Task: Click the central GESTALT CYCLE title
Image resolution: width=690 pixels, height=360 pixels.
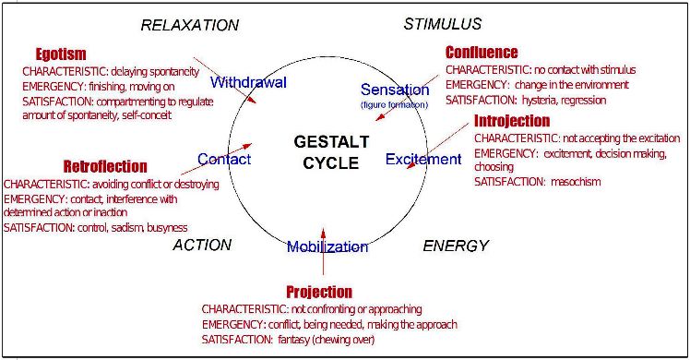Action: tap(330, 151)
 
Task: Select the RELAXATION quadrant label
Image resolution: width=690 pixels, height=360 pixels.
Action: tap(189, 25)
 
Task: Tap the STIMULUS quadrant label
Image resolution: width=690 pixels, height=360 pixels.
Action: tap(442, 24)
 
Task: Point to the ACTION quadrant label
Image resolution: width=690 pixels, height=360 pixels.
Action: tap(202, 246)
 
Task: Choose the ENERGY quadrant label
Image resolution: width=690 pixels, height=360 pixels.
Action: tap(455, 246)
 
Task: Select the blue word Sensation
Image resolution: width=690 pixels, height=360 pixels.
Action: tap(395, 90)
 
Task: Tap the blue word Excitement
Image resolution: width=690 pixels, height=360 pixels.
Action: tap(422, 160)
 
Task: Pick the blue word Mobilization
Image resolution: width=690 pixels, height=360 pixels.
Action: tap(327, 246)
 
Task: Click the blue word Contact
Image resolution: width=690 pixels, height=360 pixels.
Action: tap(224, 159)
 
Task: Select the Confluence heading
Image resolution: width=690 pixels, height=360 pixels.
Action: tap(482, 53)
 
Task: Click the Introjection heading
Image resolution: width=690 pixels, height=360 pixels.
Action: tap(512, 121)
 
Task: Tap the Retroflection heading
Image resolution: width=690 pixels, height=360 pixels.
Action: tap(104, 167)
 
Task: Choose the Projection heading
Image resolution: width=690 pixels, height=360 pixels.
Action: tap(319, 292)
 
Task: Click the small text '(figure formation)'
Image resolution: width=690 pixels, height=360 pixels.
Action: tap(395, 105)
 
